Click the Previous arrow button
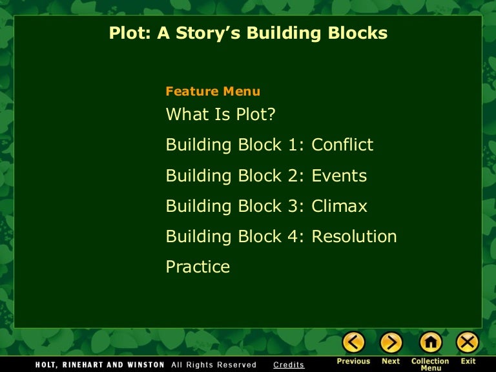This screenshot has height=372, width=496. [353, 342]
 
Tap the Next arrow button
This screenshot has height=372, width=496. [391, 342]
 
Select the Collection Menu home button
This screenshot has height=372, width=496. [431, 342]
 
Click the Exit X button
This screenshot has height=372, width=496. [468, 342]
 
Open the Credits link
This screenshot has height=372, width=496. [289, 365]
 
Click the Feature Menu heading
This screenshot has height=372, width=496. [213, 91]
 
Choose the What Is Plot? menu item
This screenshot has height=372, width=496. [220, 114]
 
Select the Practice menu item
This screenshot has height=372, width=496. [198, 267]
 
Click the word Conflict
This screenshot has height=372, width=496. [342, 145]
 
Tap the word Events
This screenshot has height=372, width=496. [339, 176]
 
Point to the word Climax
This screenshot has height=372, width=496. [339, 206]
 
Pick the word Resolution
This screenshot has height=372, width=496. [354, 236]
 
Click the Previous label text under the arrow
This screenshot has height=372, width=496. [353, 361]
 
